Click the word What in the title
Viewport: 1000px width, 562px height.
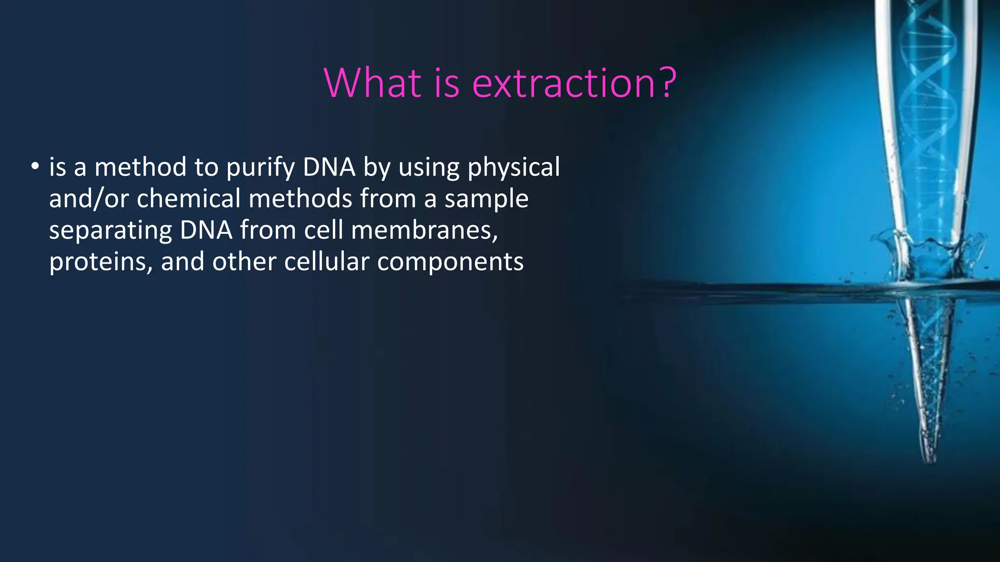[x=372, y=83]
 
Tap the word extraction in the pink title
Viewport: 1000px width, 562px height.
[x=564, y=83]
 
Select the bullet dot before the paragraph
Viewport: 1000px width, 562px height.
[x=34, y=167]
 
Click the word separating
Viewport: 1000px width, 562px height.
[x=110, y=231]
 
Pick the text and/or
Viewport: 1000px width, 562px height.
[x=89, y=199]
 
